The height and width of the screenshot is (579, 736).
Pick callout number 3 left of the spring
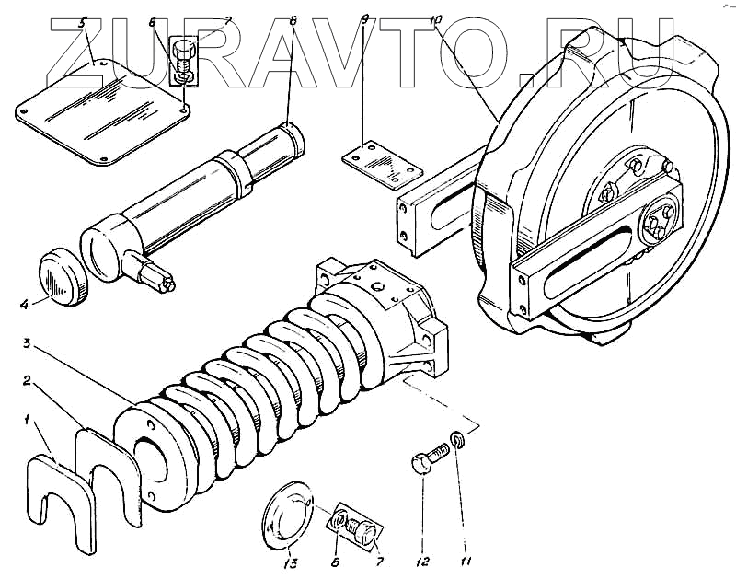(28, 344)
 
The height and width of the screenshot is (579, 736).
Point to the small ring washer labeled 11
(457, 438)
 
